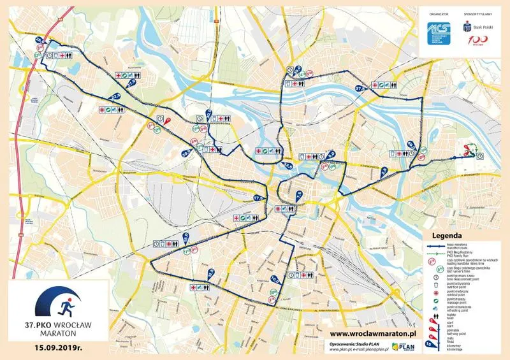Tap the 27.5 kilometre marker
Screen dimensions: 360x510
132,82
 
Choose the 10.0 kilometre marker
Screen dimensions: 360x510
275,279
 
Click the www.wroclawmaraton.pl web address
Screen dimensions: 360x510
373,333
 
